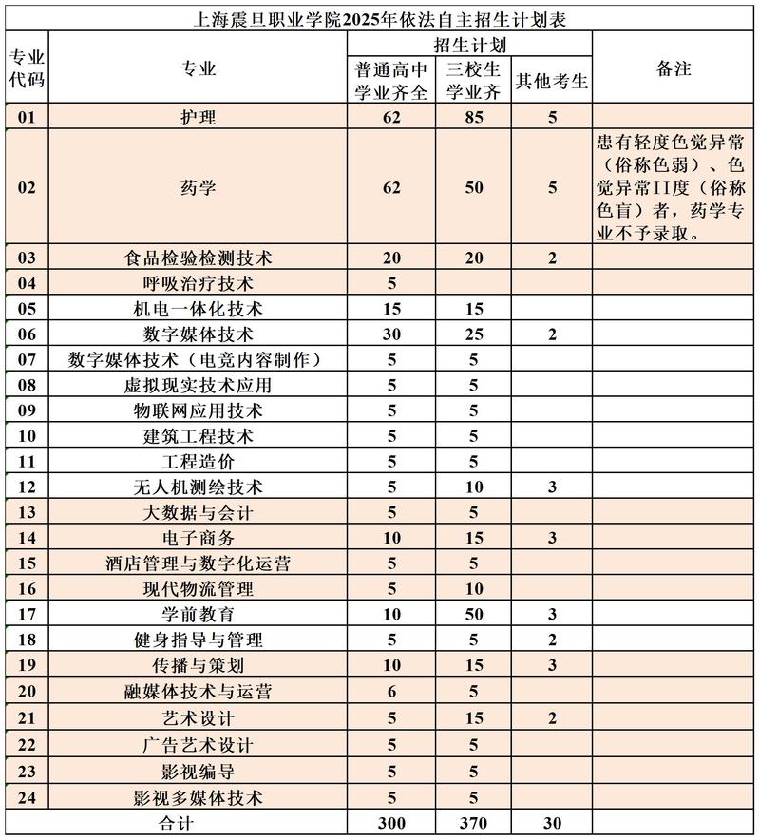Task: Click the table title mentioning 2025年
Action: tap(379, 18)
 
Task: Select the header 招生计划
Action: tap(469, 45)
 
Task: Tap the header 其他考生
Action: tap(552, 82)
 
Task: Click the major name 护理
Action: tap(199, 118)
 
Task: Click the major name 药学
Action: tap(199, 187)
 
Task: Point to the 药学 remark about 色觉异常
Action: tap(674, 187)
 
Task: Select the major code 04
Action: tap(27, 283)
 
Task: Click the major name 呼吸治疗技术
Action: tap(199, 283)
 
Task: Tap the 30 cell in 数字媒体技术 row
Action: tap(391, 334)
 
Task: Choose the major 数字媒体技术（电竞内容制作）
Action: tap(199, 359)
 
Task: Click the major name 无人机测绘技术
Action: tap(199, 487)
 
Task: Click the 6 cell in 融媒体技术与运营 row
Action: tap(391, 692)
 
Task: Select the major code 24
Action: tap(27, 794)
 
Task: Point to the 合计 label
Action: tap(176, 821)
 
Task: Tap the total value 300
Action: tap(391, 821)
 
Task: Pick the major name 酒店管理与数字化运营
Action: tap(199, 563)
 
